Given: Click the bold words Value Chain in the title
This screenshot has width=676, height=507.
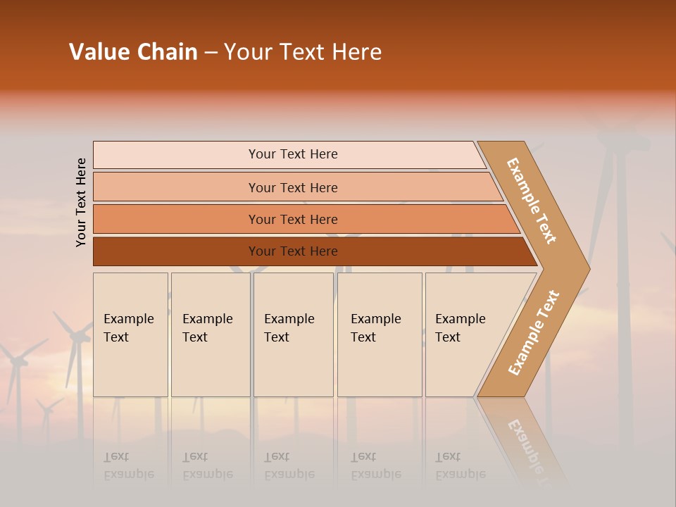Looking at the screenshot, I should tap(133, 52).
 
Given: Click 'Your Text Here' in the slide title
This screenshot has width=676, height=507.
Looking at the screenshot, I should tap(303, 52).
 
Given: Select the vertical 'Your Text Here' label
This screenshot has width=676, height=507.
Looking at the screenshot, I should tap(81, 202).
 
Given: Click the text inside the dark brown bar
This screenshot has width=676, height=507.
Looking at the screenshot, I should tap(293, 251).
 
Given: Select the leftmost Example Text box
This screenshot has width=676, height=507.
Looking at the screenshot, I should tap(130, 334).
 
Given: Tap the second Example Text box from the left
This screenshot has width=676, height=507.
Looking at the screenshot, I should tap(210, 334).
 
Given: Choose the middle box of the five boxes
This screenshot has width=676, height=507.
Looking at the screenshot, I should tap(293, 334).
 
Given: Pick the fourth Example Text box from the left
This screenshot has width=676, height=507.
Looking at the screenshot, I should tap(379, 334).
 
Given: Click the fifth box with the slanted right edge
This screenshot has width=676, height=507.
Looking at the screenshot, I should tap(465, 334).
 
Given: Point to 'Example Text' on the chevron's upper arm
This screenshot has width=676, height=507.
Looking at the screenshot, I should tap(532, 201).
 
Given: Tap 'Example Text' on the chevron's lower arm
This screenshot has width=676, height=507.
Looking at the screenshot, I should tap(533, 333).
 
